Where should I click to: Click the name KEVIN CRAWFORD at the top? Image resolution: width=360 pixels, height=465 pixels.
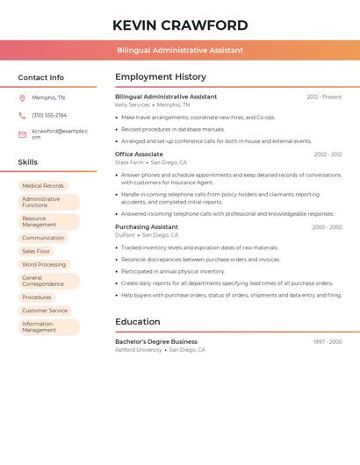(180, 25)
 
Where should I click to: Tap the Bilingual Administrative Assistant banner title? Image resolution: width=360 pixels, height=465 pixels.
(180, 50)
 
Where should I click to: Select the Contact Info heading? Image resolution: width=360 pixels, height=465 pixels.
(41, 77)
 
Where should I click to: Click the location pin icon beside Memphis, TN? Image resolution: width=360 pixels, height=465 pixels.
(22, 97)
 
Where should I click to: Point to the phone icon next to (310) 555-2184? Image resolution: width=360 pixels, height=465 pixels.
(22, 115)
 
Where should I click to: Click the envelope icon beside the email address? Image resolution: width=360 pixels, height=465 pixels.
(22, 134)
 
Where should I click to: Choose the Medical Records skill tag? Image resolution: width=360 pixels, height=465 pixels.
(43, 186)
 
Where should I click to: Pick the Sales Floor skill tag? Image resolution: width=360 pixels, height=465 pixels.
(36, 251)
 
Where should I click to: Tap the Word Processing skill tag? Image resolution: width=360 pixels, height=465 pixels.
(44, 264)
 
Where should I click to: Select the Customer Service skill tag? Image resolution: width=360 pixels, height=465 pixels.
(45, 311)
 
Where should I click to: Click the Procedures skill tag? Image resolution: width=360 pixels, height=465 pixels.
(37, 297)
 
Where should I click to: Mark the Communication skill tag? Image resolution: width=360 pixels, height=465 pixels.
(43, 238)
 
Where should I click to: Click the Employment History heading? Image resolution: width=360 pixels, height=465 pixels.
(161, 77)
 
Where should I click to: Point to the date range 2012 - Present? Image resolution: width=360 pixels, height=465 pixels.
(324, 97)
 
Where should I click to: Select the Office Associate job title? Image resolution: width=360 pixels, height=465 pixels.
(139, 154)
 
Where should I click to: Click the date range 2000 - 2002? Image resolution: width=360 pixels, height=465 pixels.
(327, 227)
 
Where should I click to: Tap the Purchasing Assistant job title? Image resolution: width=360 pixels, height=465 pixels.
(147, 227)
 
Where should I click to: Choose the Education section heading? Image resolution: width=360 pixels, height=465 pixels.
(138, 322)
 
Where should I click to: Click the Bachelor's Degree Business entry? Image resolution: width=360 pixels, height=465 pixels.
(156, 341)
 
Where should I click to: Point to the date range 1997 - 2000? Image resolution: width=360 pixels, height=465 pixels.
(328, 341)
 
